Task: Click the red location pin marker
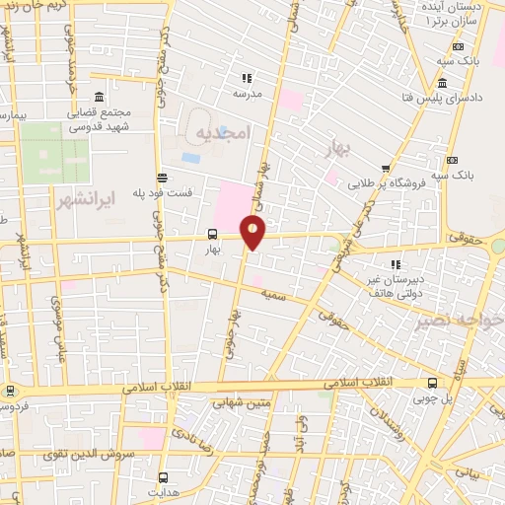click(x=253, y=233)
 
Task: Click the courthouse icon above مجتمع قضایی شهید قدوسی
click(x=99, y=97)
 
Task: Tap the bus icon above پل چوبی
click(x=432, y=383)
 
